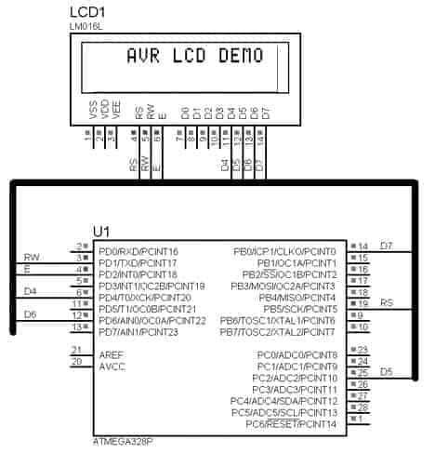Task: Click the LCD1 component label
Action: tap(89, 11)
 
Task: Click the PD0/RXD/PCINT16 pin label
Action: tap(138, 252)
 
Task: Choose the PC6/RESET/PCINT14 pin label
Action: tap(292, 423)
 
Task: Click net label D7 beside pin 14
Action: tap(387, 246)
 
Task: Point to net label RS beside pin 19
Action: tap(386, 302)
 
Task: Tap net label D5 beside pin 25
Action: tap(386, 372)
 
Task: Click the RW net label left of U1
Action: tap(31, 257)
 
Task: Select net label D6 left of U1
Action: tap(30, 314)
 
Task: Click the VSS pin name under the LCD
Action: tap(93, 112)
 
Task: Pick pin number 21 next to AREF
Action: tap(77, 350)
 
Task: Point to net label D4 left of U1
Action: tap(30, 291)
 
